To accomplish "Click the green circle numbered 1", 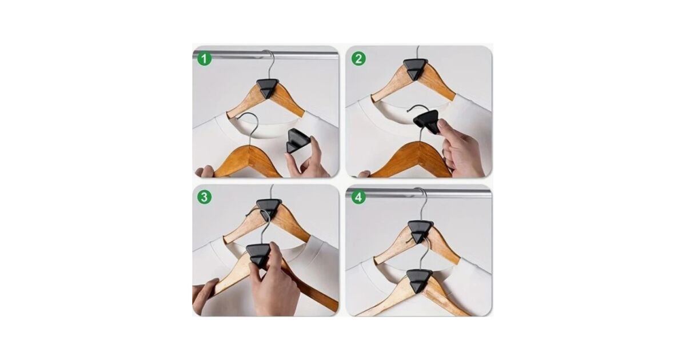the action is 204,58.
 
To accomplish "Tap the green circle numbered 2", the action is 358,58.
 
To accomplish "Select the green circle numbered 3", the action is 204,197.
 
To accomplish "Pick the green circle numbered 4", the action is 358,197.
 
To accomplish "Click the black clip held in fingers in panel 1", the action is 298,141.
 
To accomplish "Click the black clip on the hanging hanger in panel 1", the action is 268,88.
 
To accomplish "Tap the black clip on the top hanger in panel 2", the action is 415,69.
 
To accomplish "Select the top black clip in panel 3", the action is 269,209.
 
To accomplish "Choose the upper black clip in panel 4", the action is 420,232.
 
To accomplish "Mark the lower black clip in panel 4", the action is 419,281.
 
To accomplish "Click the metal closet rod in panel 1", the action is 265,55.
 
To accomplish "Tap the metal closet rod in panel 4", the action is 418,194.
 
